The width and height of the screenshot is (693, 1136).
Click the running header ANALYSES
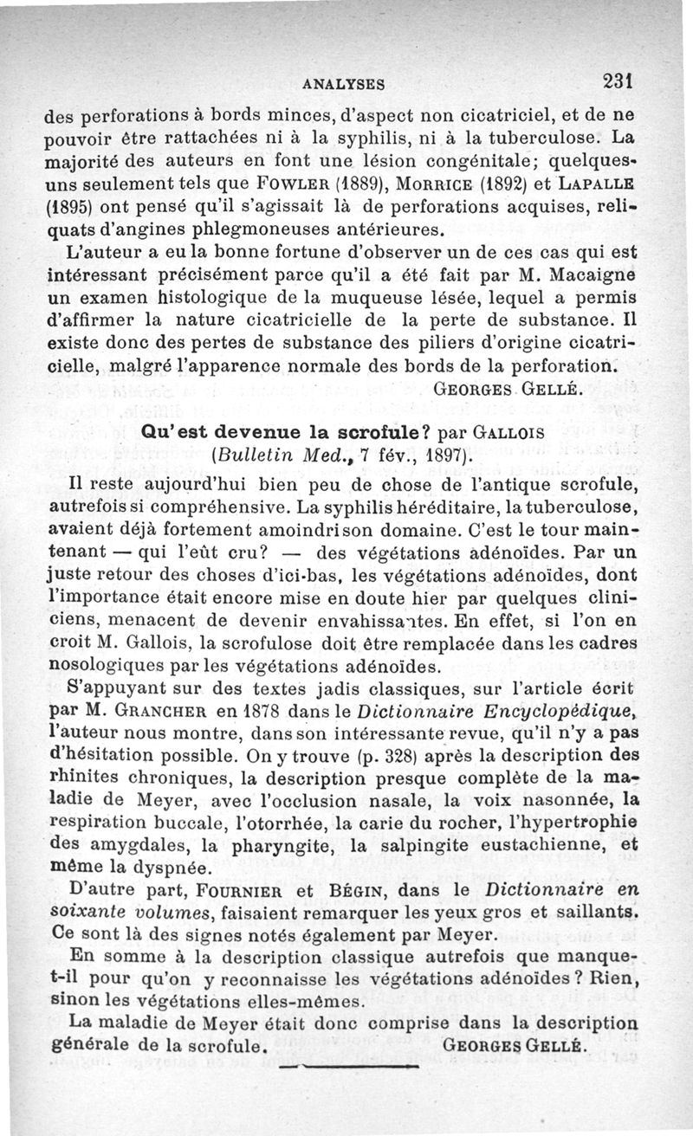click(344, 84)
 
